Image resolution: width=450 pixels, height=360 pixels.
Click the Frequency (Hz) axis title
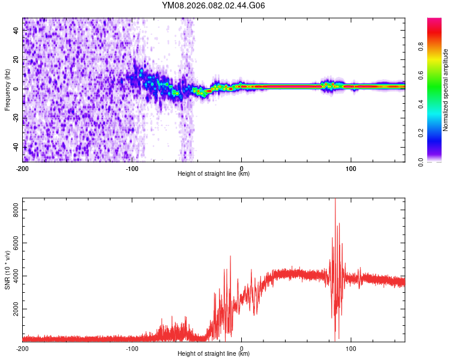click(7, 89)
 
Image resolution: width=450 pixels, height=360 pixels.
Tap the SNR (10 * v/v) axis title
click(7, 269)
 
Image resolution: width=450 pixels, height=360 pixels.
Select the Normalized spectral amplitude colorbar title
click(445, 89)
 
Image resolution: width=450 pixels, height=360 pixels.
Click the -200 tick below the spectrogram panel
click(23, 167)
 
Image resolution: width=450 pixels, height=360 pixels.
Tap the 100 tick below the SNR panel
click(351, 347)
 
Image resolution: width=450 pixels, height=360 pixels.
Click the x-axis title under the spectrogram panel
click(214, 174)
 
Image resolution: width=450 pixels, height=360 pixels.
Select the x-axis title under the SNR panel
click(214, 354)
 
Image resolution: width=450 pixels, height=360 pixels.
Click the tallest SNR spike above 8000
click(335, 200)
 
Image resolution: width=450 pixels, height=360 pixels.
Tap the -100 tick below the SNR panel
click(132, 347)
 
